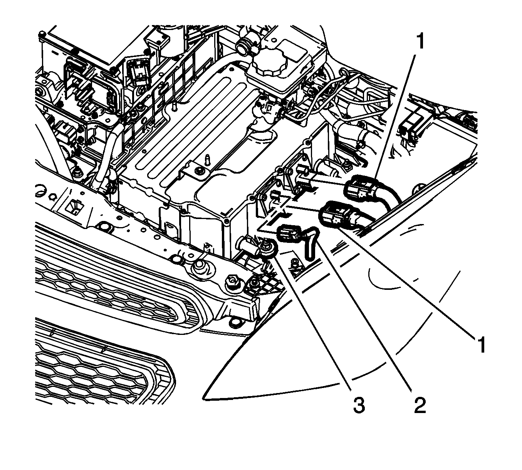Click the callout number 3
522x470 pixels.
[x=358, y=405]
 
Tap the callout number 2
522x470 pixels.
[x=420, y=405]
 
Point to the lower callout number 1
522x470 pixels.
[x=480, y=343]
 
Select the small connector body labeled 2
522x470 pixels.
[x=289, y=234]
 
